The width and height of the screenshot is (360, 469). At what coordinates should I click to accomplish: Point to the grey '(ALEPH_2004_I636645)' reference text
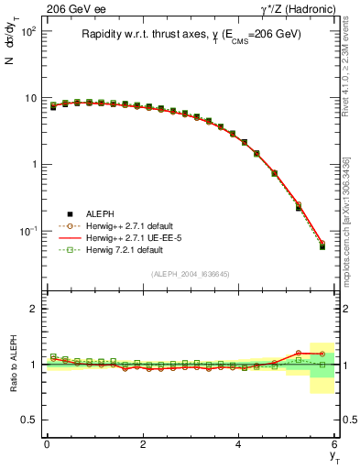[x=191, y=273]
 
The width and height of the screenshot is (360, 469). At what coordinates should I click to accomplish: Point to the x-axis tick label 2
[x=143, y=444]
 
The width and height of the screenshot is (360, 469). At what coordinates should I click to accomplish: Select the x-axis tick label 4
[x=239, y=444]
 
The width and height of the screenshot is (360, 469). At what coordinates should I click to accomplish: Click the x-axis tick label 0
[x=47, y=444]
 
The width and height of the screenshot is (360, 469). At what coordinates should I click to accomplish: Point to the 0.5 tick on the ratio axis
[x=30, y=420]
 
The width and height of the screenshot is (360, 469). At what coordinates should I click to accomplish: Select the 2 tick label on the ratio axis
[x=34, y=309]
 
